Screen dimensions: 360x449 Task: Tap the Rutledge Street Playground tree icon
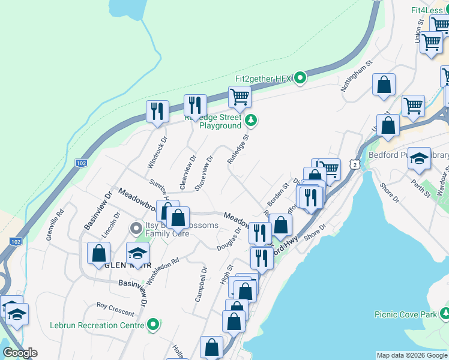coord(252,121)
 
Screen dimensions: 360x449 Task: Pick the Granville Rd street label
coord(55,224)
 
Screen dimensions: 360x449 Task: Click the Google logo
coord(19,353)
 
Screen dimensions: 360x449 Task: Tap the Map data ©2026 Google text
coord(412,355)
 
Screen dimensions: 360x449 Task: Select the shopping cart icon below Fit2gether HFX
coord(239,96)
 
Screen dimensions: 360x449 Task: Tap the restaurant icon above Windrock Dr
coord(157,111)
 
